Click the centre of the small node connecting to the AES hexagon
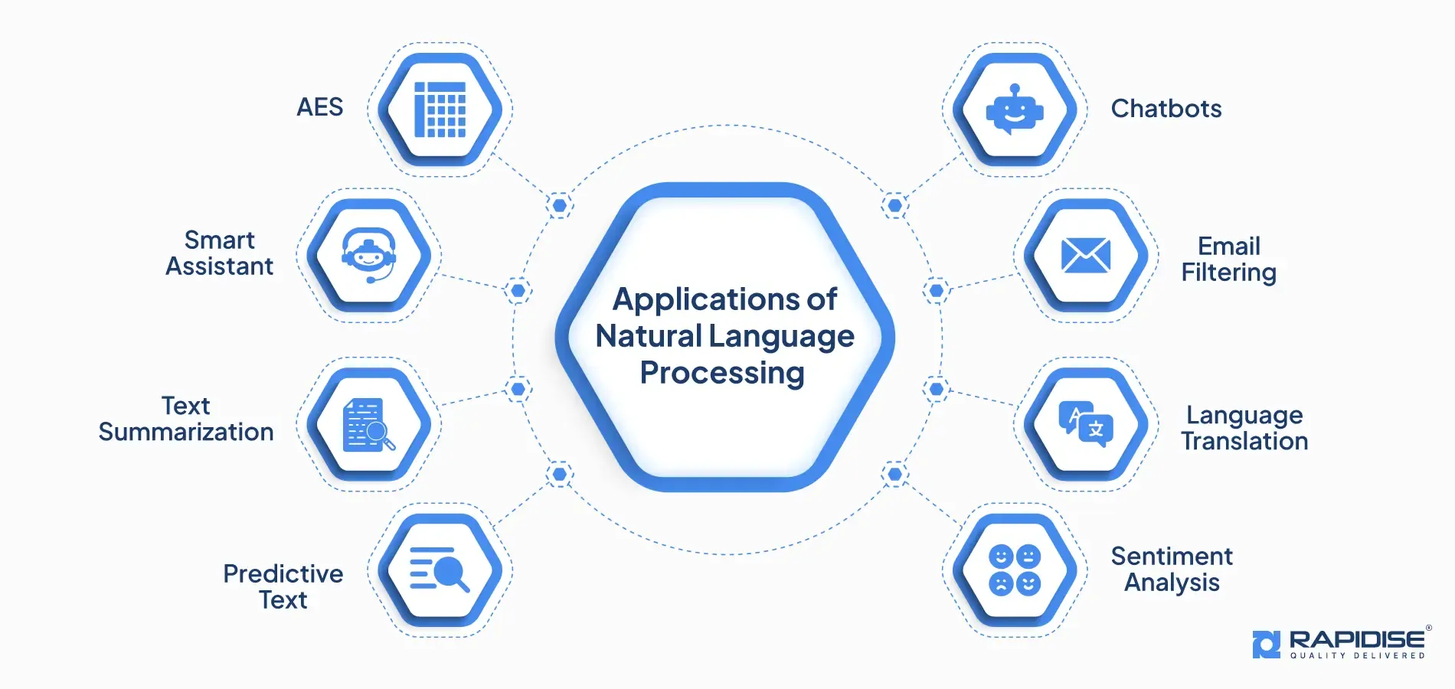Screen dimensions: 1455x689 tap(560, 205)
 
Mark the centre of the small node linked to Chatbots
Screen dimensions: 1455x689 tap(894, 205)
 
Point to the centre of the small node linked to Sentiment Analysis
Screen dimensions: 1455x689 tap(894, 475)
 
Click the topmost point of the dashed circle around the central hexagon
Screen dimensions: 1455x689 tap(727, 125)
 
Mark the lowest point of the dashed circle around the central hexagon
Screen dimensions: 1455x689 tap(727, 554)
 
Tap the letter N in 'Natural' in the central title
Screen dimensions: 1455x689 tap(607, 336)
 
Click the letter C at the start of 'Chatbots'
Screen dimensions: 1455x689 tap(1121, 109)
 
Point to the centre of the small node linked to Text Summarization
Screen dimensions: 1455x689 tap(518, 389)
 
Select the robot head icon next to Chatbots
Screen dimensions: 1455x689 tap(1015, 109)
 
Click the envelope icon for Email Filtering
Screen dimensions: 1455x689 tap(1086, 255)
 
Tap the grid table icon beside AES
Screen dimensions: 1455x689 tap(440, 109)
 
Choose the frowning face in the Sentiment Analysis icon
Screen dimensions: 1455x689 tap(1001, 584)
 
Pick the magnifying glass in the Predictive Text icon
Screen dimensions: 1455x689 tap(452, 574)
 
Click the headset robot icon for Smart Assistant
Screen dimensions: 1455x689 tap(369, 255)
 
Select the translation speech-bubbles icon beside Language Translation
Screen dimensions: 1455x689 tap(1086, 423)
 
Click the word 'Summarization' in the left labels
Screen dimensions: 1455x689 tap(186, 432)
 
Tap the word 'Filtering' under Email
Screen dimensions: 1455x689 tap(1229, 273)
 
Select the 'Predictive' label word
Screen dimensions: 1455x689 tap(283, 573)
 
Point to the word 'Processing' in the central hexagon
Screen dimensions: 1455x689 tap(722, 374)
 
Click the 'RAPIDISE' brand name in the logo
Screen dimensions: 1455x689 tap(1357, 639)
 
